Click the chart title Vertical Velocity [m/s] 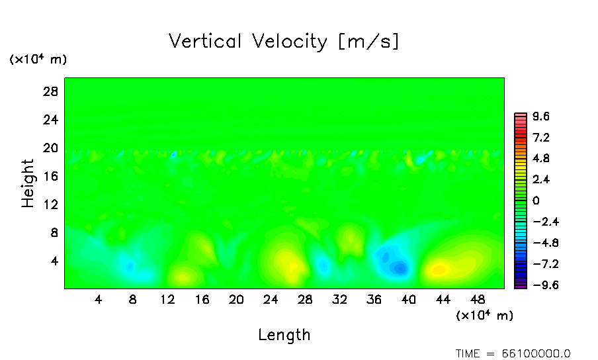click(284, 42)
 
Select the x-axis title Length click(284, 335)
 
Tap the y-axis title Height click(28, 183)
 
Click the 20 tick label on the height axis click(51, 148)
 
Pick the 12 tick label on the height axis click(51, 204)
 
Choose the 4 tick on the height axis click(54, 261)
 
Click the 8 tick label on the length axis click(133, 299)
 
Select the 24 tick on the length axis click(271, 299)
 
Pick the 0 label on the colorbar click(536, 201)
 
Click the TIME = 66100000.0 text click(513, 353)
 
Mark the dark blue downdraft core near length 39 click(399, 268)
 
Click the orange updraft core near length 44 click(439, 269)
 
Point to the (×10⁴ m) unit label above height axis click(38, 60)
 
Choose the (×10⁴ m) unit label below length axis click(484, 316)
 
